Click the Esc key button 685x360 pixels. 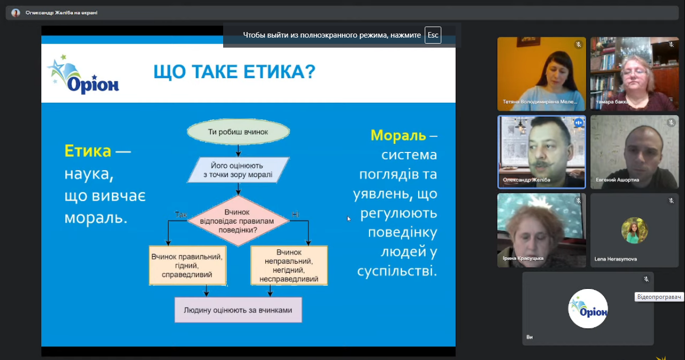point(433,35)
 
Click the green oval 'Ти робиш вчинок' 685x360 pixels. point(238,132)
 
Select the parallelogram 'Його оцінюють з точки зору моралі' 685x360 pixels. point(238,170)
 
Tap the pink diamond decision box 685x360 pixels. point(238,221)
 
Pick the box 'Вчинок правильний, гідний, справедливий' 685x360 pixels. point(188,266)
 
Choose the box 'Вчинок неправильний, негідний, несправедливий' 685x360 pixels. point(289,266)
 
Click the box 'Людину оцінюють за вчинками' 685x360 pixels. point(238,310)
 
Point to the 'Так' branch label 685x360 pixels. point(181,215)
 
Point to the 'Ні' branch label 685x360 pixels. point(295,215)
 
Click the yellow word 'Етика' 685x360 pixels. point(88,151)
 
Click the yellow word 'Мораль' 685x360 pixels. point(398,135)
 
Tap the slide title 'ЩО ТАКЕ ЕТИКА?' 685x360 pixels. point(234,72)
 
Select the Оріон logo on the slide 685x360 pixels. point(83,74)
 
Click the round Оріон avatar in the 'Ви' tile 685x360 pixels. point(588,309)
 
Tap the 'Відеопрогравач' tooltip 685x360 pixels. point(659,297)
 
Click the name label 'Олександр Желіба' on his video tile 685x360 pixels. point(527,180)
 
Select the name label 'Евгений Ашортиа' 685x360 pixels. point(617,180)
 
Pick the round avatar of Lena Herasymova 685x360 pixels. point(634,230)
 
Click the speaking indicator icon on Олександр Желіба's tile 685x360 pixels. point(579,123)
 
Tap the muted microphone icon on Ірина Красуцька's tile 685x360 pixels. point(579,201)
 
